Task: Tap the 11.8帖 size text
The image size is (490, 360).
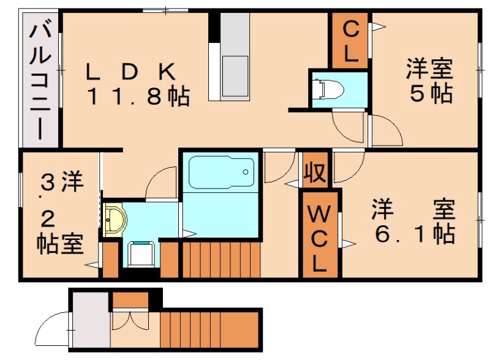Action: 137,96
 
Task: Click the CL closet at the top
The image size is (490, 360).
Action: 350,41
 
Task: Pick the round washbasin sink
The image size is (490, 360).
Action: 113,219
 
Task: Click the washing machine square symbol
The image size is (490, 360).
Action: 141,253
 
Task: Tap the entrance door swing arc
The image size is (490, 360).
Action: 51,331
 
